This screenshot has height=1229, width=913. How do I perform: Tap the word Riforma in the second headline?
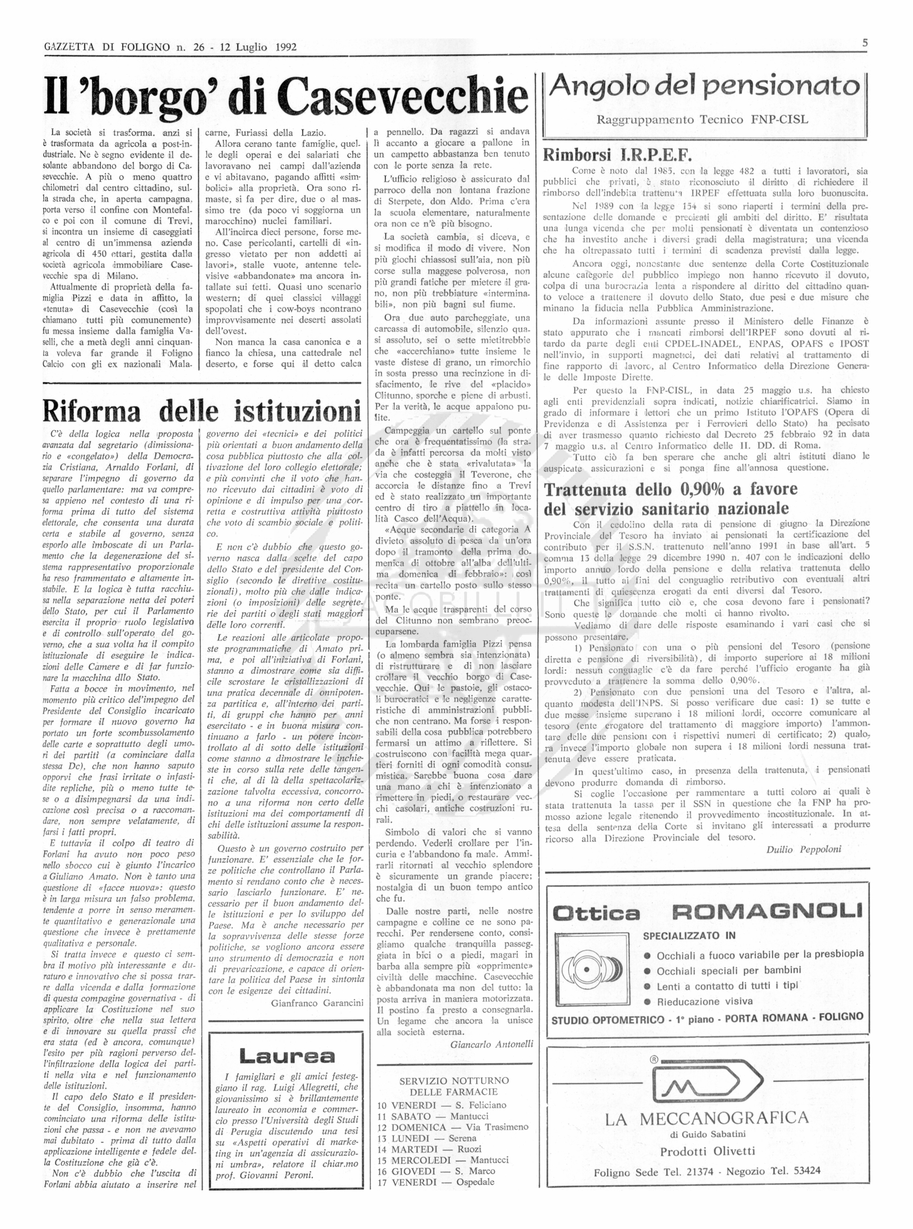[x=91, y=411]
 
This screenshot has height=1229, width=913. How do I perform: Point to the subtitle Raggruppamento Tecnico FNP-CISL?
[x=702, y=119]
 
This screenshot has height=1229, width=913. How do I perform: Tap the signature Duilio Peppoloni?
[x=803, y=849]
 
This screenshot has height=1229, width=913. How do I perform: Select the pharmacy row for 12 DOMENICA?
[x=452, y=1127]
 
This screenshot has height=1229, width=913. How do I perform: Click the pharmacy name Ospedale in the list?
[x=475, y=1182]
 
